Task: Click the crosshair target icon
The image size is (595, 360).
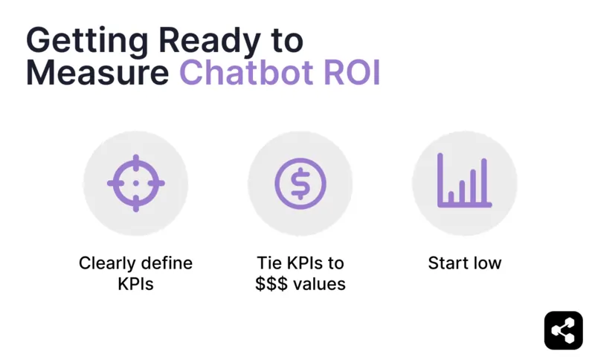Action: click(135, 183)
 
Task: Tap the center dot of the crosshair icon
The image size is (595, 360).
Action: click(135, 183)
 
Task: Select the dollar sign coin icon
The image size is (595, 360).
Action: click(300, 183)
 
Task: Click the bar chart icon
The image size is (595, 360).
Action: click(464, 181)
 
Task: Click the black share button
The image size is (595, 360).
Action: click(563, 330)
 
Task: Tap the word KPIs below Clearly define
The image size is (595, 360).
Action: click(135, 284)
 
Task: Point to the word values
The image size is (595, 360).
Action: click(321, 284)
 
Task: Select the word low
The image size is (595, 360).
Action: click(487, 263)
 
